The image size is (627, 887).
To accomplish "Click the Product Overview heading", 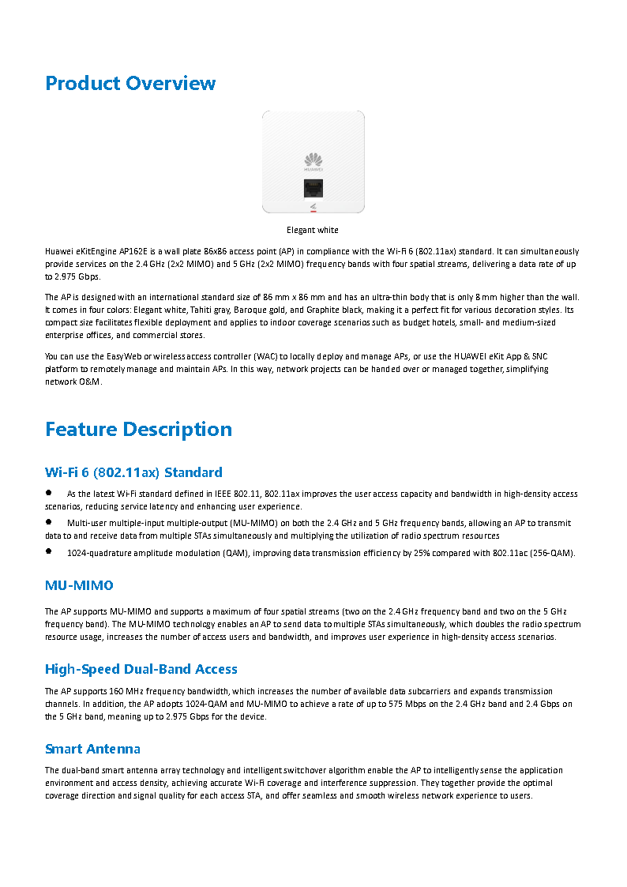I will coord(130,83).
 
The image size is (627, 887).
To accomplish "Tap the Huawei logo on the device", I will coord(313,161).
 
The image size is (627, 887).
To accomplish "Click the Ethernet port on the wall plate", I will coord(313,188).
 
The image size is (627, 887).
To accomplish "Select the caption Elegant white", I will coord(313,230).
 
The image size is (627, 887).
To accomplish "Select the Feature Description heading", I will coord(138,429).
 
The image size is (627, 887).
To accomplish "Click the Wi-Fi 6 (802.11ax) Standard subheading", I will coord(133,472).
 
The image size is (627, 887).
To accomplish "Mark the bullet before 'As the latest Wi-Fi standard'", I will coord(49,492).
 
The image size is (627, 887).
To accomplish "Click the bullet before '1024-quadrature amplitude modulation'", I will coord(49,551).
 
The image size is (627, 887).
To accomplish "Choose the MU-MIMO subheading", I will coord(79,585).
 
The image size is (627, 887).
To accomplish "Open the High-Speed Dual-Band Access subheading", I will coord(141,669).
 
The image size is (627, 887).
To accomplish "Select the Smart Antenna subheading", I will coord(92,749).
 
